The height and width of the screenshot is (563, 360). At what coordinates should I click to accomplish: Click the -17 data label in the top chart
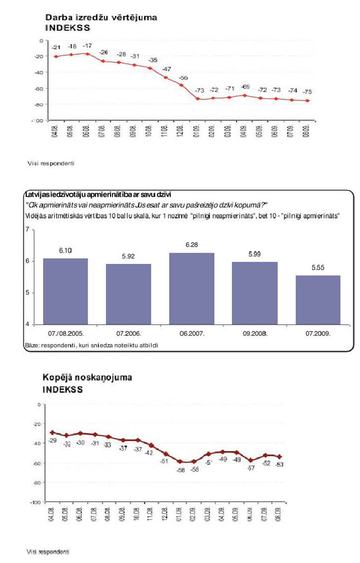pos(87,45)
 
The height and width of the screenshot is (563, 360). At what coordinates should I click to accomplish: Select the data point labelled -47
pos(166,77)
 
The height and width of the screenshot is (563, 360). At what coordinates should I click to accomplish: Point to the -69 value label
pos(244,86)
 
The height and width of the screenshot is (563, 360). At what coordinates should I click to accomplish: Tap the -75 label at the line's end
pos(307,92)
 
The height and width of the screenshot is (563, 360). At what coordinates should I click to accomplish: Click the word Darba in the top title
pos(57,18)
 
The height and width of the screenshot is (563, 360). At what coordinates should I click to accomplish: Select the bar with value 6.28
pos(192,288)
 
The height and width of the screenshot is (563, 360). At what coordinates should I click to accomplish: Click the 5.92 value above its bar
pos(128,256)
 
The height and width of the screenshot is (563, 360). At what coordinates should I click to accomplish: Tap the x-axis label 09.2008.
pos(255,333)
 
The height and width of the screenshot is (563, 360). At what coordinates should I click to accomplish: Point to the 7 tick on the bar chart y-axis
pos(26,230)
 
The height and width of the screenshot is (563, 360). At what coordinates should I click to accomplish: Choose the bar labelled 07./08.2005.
pos(66,291)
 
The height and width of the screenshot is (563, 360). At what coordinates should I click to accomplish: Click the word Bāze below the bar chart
pos(31,345)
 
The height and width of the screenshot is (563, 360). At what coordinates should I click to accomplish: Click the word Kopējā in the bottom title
pos(59,378)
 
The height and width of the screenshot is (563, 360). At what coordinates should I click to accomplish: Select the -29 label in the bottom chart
pos(54,440)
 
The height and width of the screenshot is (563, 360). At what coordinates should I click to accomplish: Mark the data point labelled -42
pos(150,445)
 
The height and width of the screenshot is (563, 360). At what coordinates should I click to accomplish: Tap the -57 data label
pos(251,468)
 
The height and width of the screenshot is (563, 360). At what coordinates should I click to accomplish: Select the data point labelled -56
pos(181,85)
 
